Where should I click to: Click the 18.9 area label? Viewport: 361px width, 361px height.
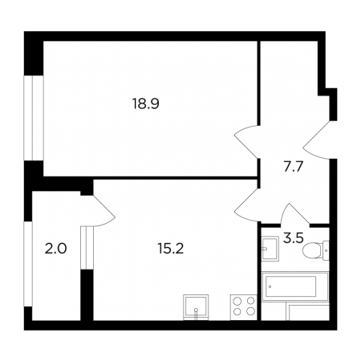click(146, 103)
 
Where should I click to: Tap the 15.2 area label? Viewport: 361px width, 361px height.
click(171, 249)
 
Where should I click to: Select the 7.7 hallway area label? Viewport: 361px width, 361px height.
click(293, 167)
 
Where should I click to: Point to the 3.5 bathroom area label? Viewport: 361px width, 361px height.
click(294, 238)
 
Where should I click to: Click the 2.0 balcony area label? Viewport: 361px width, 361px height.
click(55, 249)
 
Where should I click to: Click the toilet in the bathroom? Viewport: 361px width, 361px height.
click(316, 250)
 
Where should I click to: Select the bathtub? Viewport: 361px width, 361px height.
click(295, 286)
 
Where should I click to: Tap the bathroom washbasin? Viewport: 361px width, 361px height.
click(270, 249)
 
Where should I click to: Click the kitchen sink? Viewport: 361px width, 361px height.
click(196, 307)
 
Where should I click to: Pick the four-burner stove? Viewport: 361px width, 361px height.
click(243, 307)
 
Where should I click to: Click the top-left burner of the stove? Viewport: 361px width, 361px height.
click(237, 301)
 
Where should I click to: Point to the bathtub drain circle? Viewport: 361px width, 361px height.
click(270, 286)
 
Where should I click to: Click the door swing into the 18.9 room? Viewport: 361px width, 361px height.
click(246, 141)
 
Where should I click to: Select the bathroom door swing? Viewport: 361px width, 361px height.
click(295, 214)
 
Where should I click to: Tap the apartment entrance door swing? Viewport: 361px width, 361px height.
click(316, 140)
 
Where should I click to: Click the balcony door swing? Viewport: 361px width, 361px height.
click(103, 211)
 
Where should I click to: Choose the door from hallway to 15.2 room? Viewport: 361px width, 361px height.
click(247, 205)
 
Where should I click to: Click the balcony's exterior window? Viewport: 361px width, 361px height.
click(28, 264)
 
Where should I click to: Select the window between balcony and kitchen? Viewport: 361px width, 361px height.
click(87, 248)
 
